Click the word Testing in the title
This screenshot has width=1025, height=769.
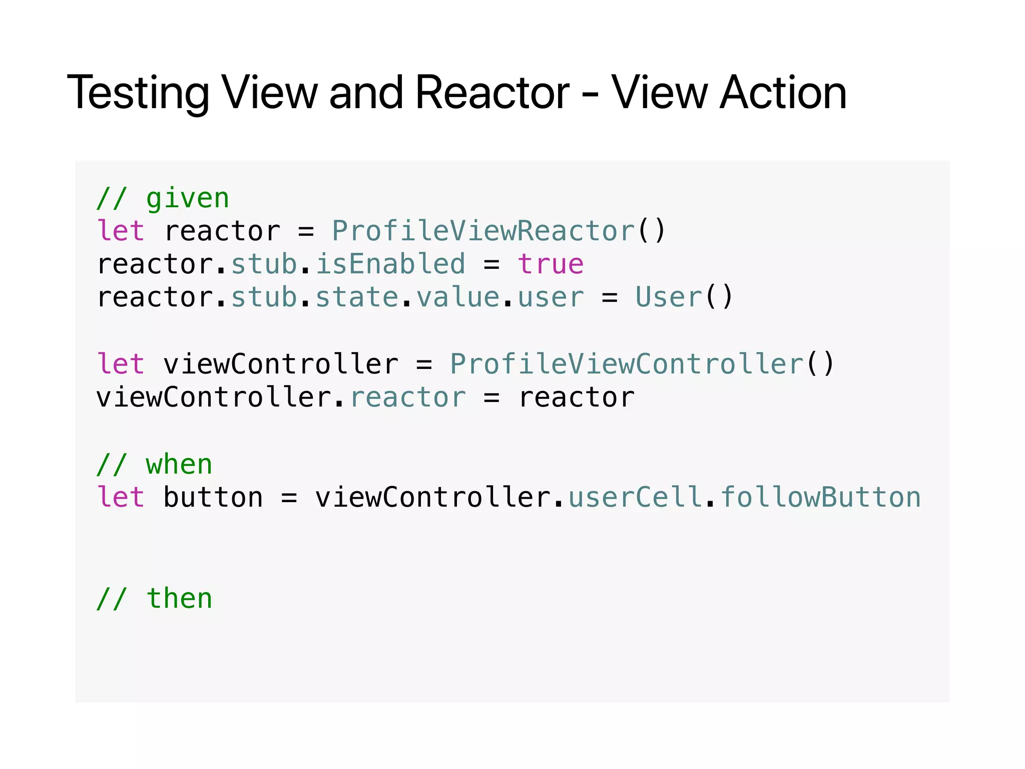pos(138,93)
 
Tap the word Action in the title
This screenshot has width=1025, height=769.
pos(783,93)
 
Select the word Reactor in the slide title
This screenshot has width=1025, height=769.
pos(492,93)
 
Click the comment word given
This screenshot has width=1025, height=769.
pos(188,199)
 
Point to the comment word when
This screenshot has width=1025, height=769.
pos(179,465)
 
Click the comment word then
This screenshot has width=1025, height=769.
pos(179,599)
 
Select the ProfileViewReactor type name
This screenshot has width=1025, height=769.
pos(483,231)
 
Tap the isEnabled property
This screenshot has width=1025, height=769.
pos(390,264)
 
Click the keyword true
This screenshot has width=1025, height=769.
pos(551,264)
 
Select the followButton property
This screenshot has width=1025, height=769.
pos(821,498)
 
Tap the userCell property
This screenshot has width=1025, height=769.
pos(635,498)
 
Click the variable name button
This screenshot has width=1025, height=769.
pos(213,498)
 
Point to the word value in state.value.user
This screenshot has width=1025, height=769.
pos(458,297)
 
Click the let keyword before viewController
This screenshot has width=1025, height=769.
pos(121,364)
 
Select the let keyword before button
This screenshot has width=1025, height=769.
pos(121,498)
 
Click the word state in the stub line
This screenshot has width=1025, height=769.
pos(357,297)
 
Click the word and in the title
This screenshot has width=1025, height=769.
pos(366,93)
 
